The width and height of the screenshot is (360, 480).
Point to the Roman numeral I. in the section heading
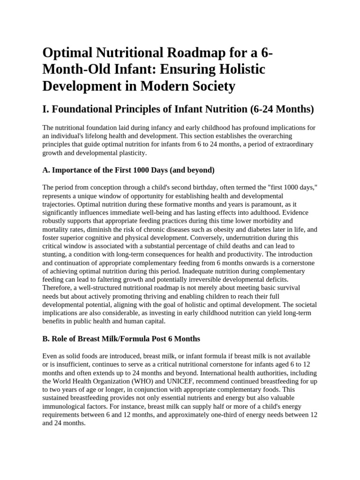coord(45,110)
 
